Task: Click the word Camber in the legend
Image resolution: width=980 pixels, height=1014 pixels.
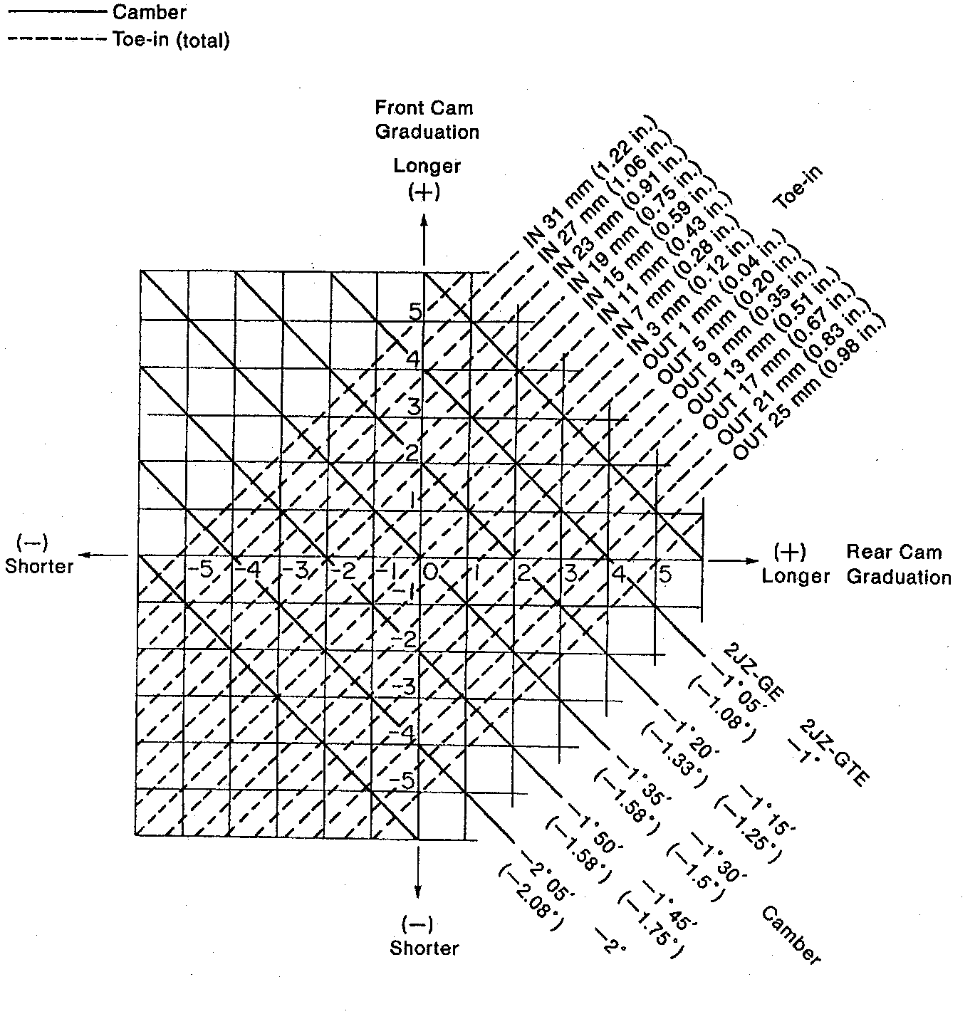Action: [150, 12]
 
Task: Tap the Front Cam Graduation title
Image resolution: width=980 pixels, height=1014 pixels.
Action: [427, 120]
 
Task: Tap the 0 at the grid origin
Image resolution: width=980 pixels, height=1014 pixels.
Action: [430, 571]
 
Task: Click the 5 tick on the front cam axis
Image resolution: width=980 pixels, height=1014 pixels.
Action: [415, 312]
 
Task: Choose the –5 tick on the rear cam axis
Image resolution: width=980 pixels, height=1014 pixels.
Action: [201, 570]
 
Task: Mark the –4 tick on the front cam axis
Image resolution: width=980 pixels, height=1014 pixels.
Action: [404, 733]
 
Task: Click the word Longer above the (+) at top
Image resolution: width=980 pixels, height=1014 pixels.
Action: [427, 166]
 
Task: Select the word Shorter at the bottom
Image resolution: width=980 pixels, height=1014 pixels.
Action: [424, 948]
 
